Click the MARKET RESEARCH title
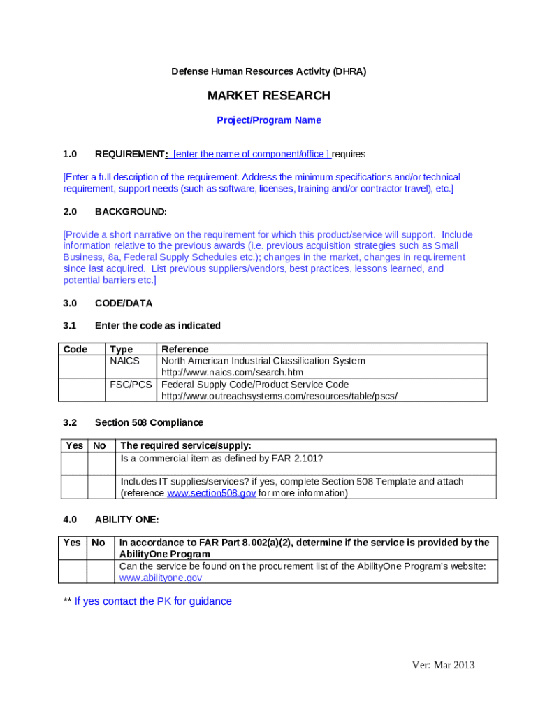[268, 96]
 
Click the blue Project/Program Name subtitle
[268, 120]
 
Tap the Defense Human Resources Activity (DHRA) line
[268, 71]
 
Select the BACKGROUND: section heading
[131, 211]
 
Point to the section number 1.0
[70, 154]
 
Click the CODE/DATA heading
[124, 303]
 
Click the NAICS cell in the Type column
[124, 361]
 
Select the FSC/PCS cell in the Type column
[131, 385]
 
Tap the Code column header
[75, 349]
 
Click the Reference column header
[184, 349]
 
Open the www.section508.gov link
[211, 493]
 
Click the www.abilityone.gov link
[161, 578]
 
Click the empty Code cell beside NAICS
[81, 366]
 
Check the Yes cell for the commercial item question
[74, 464]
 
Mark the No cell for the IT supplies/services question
[101, 487]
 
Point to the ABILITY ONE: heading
[126, 520]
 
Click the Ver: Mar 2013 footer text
[443, 665]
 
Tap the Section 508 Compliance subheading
[149, 422]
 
